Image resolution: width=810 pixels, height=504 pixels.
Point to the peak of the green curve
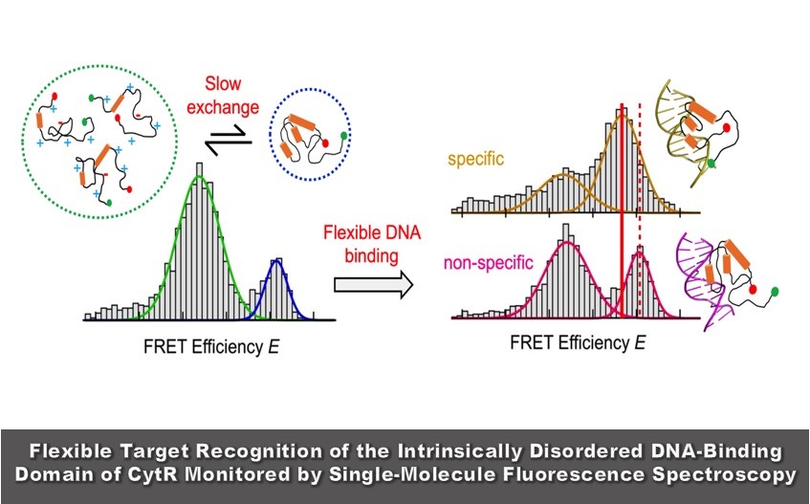point(199,177)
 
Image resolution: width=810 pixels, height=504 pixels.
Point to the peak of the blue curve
point(277,260)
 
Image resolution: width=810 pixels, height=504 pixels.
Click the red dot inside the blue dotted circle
point(323,143)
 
